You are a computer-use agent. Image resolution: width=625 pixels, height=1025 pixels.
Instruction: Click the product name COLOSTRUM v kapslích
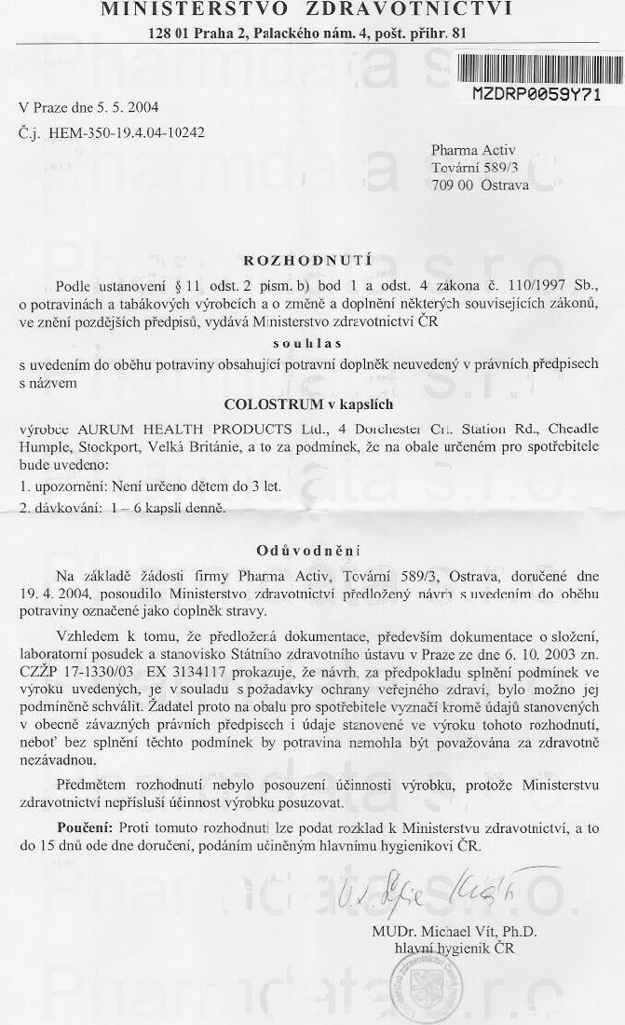coord(308,405)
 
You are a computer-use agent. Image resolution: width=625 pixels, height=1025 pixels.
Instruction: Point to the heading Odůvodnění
coord(308,550)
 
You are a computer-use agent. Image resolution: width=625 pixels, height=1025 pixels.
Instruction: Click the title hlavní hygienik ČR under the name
coord(454,949)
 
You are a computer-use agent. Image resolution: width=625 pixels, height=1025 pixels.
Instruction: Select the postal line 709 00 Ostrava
coord(480,184)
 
